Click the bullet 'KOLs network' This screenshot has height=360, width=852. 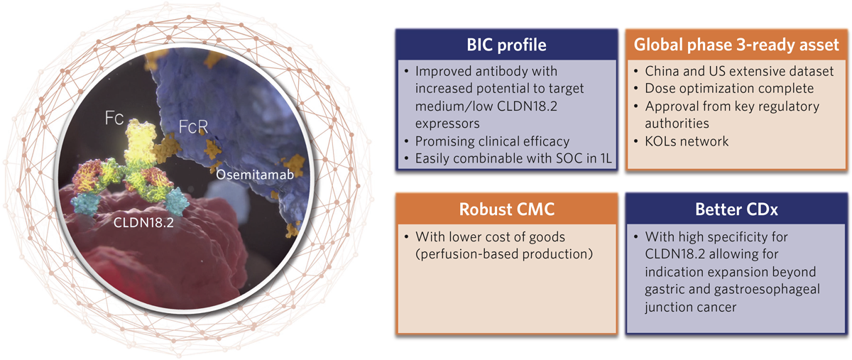(x=687, y=141)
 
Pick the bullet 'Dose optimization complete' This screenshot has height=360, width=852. (x=729, y=89)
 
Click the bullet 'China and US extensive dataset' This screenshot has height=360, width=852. (x=736, y=72)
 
